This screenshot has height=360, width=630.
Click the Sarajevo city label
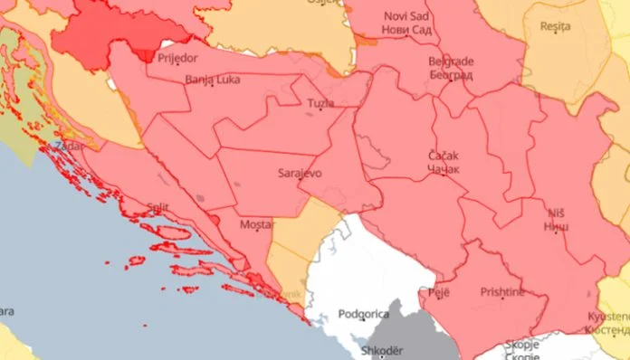coord(298,170)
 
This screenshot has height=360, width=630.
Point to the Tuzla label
coord(320,103)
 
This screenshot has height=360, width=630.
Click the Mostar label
coord(256,223)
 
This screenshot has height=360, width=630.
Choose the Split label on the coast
coord(157,207)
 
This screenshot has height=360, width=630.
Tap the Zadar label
coord(69,145)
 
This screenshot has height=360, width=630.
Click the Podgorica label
coord(362,314)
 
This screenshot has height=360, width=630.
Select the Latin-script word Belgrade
coord(450,62)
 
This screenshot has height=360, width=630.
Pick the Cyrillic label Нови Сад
coord(407,30)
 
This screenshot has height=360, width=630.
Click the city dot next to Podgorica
coord(363,321)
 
